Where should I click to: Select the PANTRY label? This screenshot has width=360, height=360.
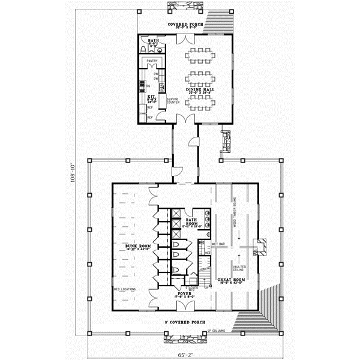152,61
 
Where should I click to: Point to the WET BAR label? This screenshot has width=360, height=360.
218,244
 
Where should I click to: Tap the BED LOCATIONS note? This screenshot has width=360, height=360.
124,289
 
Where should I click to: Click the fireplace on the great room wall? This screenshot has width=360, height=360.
260,247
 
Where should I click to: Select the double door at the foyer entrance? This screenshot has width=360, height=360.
182,306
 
